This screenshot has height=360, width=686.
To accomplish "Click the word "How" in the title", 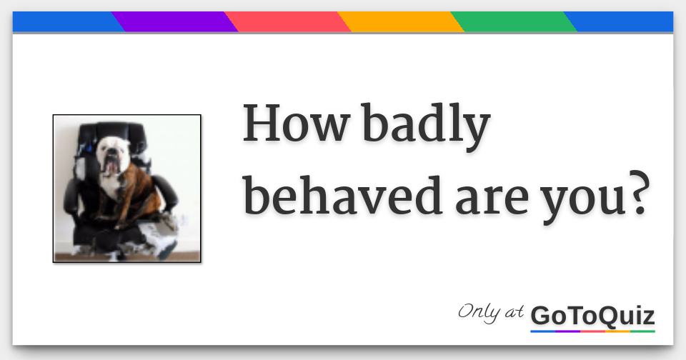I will click(x=295, y=124).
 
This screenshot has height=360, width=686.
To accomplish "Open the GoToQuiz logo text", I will click(x=592, y=315).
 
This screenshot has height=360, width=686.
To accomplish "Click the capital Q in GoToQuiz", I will click(x=607, y=316).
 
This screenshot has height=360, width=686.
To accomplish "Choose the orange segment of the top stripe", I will click(x=400, y=22).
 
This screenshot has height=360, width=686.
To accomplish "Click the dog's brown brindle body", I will click(x=139, y=189).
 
